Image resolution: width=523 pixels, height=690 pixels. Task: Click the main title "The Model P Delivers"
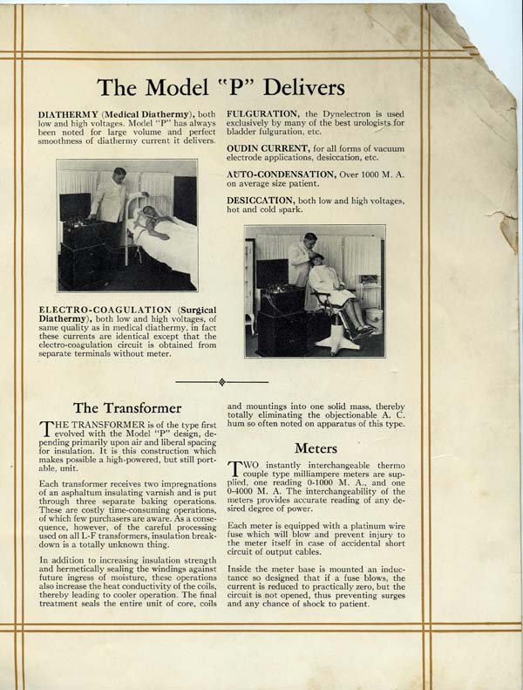click(x=221, y=88)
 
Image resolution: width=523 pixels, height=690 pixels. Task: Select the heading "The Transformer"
click(x=127, y=407)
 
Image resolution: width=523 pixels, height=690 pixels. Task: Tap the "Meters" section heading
click(x=317, y=447)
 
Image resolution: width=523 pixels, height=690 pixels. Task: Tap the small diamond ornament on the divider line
click(x=222, y=381)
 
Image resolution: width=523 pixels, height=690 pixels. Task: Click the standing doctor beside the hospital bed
click(x=111, y=201)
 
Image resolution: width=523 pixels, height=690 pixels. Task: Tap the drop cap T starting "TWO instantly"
click(x=234, y=469)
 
